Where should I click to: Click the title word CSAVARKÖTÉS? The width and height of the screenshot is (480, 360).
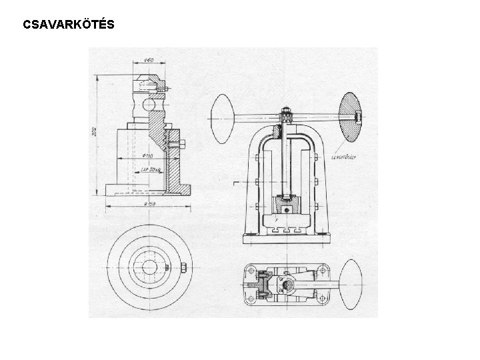click(x=68, y=25)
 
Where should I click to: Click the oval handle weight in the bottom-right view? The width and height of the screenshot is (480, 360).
click(x=351, y=286)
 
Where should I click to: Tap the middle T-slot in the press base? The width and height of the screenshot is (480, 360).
click(x=284, y=229)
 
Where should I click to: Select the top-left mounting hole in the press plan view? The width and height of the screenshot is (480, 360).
click(x=250, y=269)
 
